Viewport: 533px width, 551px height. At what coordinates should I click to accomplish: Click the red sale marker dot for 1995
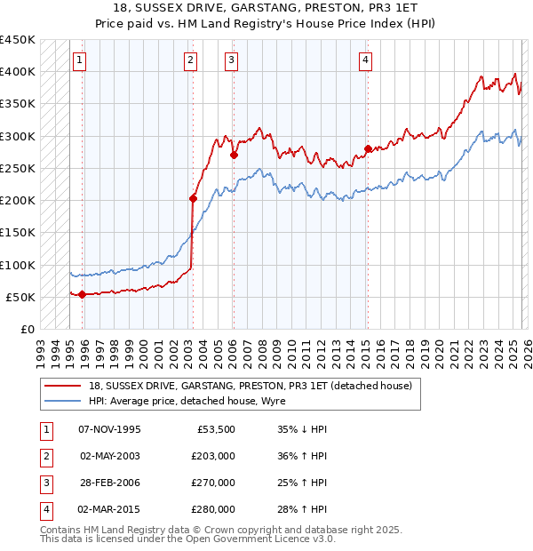(x=82, y=294)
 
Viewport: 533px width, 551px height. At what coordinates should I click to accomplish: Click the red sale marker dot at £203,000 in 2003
(x=193, y=198)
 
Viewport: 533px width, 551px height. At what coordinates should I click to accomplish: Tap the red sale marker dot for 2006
(x=234, y=155)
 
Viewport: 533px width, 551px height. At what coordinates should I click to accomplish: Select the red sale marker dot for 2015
(x=367, y=148)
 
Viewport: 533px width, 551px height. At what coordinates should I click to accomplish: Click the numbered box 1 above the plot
(x=80, y=60)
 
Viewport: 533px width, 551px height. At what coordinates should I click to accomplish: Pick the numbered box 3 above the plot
(x=231, y=60)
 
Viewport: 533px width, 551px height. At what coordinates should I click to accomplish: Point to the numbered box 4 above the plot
(x=365, y=60)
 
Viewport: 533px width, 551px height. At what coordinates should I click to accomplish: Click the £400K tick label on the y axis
(x=18, y=72)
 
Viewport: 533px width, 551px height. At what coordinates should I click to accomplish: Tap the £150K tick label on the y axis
(x=18, y=233)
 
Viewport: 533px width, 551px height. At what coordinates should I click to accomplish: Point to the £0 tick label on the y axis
(x=28, y=329)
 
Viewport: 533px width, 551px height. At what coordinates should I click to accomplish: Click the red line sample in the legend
(x=63, y=387)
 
